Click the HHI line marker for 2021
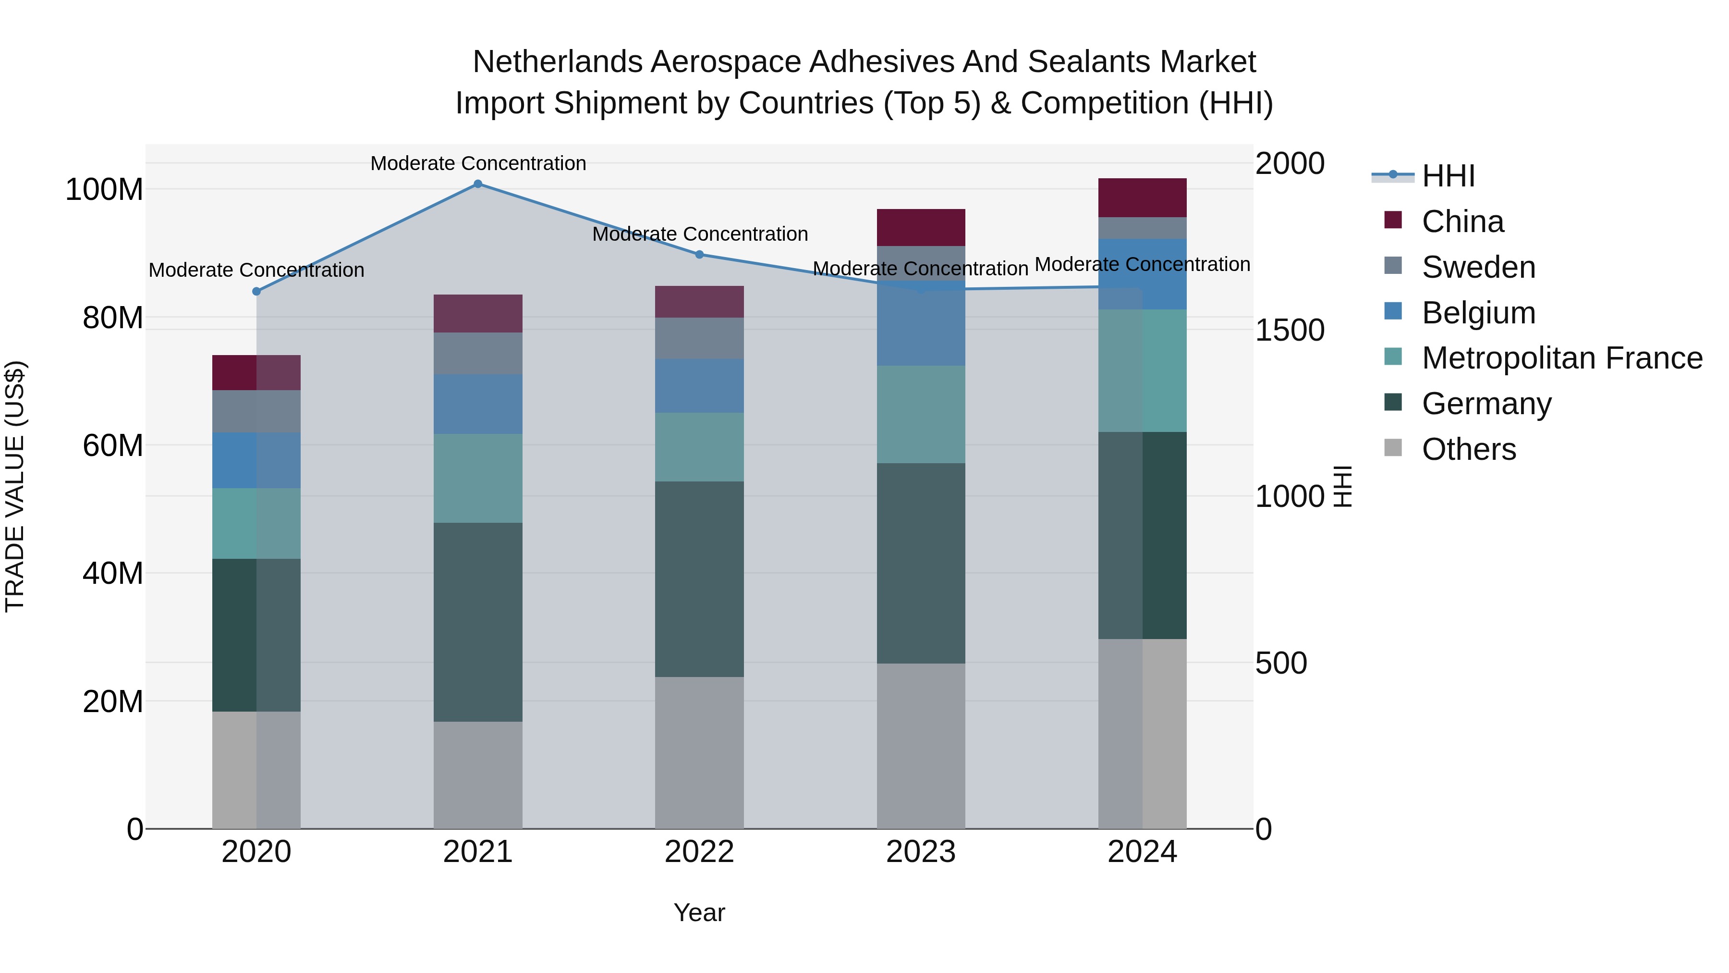coord(478,184)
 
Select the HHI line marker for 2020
coord(256,292)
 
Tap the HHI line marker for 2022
coord(699,255)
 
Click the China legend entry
coord(1462,222)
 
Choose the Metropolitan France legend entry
coord(1562,358)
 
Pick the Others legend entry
coord(1469,449)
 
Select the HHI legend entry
coord(1449,176)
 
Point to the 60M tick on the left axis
coord(113,445)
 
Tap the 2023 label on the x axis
coord(921,852)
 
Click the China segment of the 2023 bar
coord(921,228)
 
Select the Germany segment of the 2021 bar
coord(478,622)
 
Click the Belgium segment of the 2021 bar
coord(478,404)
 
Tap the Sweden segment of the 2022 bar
coord(699,338)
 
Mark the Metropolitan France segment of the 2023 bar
coord(921,414)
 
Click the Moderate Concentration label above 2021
coord(478,164)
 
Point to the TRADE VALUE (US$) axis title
coord(15,486)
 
